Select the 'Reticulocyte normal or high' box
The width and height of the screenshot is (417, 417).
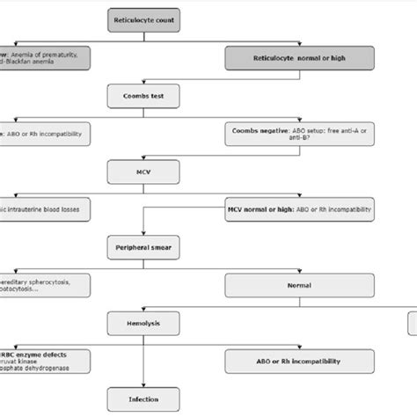(x=299, y=58)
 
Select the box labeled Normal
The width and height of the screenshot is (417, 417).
(x=299, y=285)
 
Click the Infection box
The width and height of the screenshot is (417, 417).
(x=144, y=398)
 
